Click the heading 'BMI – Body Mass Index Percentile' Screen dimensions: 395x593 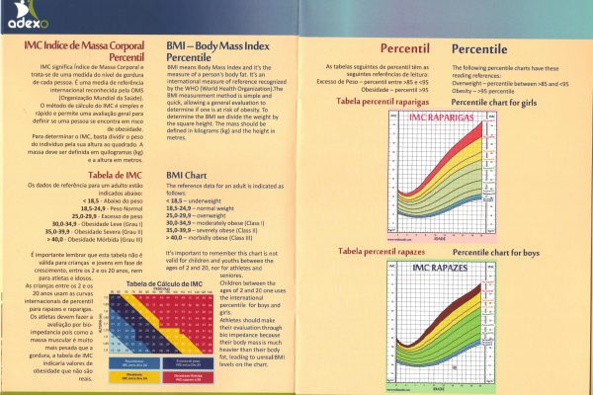pyautogui.click(x=216, y=52)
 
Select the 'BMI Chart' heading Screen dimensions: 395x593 pyautogui.click(x=188, y=176)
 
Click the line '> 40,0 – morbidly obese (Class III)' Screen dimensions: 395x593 pyautogui.click(x=217, y=237)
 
